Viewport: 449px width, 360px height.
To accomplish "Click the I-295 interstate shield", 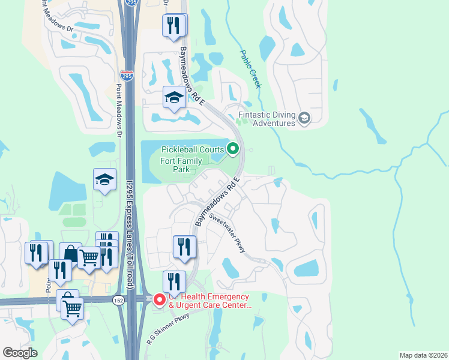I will tap(127, 76).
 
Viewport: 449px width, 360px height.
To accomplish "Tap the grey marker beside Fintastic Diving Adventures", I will tap(304, 118).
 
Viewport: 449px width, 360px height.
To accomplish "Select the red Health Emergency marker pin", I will tap(159, 299).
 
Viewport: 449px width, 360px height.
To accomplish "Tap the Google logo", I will tap(20, 352).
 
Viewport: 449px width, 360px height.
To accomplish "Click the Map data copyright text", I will tap(423, 355).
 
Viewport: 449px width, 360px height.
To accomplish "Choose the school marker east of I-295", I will tap(173, 97).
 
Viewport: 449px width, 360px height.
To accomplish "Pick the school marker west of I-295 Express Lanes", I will tap(104, 179).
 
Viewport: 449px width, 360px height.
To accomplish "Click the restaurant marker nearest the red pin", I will tap(173, 281).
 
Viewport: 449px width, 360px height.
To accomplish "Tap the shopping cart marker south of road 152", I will tap(73, 308).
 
